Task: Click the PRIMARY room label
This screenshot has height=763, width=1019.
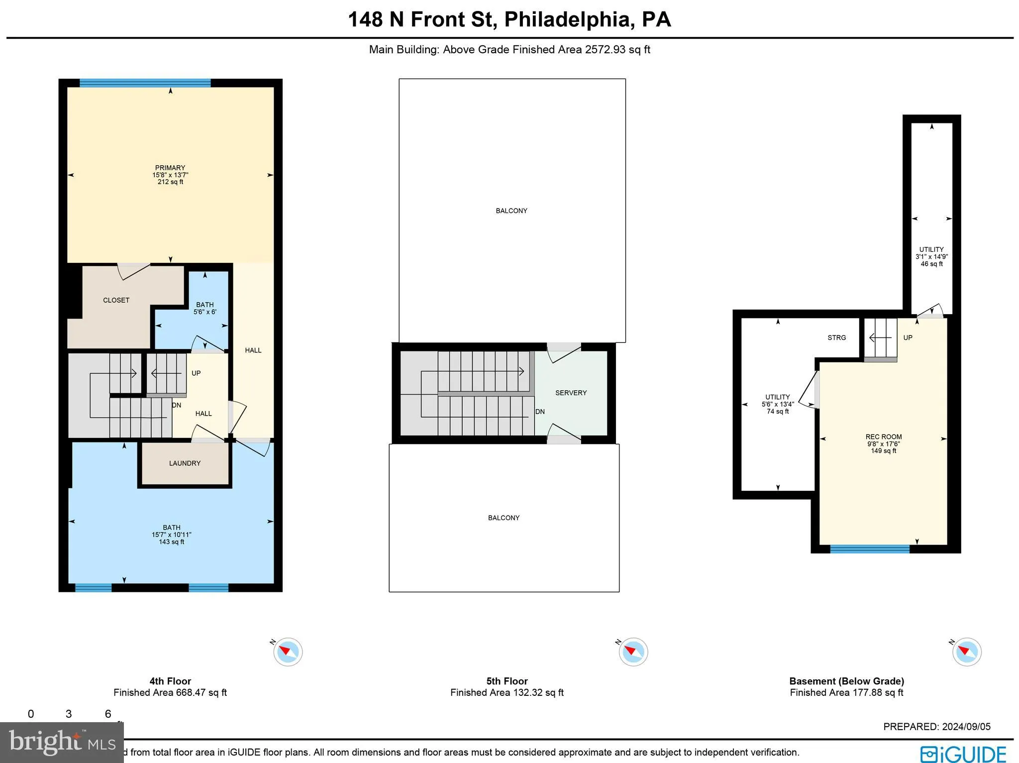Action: (x=170, y=168)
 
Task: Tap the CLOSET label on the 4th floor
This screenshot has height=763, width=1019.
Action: (x=116, y=300)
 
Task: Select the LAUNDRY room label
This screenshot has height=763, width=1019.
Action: (x=185, y=463)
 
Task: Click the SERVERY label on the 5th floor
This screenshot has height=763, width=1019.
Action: (x=571, y=393)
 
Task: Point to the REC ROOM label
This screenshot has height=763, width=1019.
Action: (x=883, y=437)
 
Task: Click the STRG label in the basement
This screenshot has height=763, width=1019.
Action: (x=836, y=337)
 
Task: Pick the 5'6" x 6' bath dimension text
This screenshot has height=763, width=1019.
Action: (x=204, y=312)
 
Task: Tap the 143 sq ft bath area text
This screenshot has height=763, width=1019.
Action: (x=171, y=542)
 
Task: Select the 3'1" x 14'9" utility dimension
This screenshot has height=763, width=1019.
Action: (x=931, y=257)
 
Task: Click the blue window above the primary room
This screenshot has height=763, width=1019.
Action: (x=145, y=83)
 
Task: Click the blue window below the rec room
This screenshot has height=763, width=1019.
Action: (x=869, y=549)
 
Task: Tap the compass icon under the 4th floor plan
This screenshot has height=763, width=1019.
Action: (x=288, y=652)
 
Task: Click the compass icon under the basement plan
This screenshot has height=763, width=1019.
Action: (x=966, y=652)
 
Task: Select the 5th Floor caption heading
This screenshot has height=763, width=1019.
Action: (x=507, y=681)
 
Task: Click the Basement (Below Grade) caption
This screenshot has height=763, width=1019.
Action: (x=846, y=681)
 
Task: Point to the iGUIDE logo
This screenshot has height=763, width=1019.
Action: (x=963, y=754)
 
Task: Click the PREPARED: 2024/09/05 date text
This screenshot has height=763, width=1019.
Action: (x=936, y=727)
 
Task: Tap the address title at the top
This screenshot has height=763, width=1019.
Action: (x=509, y=19)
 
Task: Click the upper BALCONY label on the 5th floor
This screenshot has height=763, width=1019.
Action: (x=511, y=211)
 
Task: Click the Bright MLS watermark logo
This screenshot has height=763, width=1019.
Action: (x=62, y=742)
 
